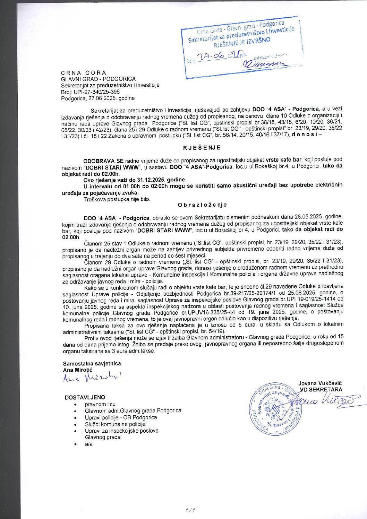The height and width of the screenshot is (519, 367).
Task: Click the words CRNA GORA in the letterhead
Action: pyautogui.click(x=84, y=73)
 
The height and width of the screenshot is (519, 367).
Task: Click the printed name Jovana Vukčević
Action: pyautogui.click(x=320, y=383)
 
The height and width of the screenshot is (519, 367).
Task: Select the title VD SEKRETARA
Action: pyautogui.click(x=321, y=389)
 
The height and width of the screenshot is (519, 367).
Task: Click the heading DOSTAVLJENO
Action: pyautogui.click(x=85, y=397)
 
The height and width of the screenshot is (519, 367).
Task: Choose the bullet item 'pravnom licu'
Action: pyautogui.click(x=100, y=404)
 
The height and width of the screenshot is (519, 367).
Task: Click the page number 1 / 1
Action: pyautogui.click(x=190, y=510)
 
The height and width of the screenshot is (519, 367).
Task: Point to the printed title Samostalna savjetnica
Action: pyautogui.click(x=92, y=364)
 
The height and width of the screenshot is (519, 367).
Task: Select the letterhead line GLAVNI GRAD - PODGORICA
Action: pyautogui.click(x=98, y=79)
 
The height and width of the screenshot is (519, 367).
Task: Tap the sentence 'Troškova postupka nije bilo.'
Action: pyautogui.click(x=117, y=199)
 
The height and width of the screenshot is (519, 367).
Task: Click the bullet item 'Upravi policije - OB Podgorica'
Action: pyautogui.click(x=121, y=417)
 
